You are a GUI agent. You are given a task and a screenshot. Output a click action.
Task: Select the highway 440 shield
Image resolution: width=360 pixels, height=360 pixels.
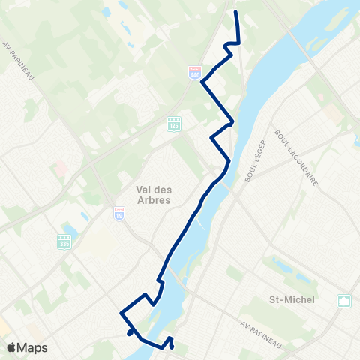[193, 70]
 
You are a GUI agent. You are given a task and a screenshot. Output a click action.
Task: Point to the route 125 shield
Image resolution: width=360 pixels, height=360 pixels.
[173, 122]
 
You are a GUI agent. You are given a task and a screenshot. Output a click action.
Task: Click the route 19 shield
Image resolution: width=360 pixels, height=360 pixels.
[120, 214]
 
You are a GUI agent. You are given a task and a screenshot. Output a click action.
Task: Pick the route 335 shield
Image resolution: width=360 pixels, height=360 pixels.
[64, 242]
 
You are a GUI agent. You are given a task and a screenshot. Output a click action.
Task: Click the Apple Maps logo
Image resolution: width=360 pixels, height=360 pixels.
[27, 347]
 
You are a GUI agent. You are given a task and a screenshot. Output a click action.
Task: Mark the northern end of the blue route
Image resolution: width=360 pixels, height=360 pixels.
[237, 13]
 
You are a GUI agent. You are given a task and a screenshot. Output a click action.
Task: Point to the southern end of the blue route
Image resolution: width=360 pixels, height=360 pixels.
[172, 347]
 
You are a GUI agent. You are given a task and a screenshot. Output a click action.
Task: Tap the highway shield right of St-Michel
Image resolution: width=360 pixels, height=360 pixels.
[345, 301]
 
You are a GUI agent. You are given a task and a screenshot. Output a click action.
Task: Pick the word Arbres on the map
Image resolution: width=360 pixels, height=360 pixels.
[154, 201]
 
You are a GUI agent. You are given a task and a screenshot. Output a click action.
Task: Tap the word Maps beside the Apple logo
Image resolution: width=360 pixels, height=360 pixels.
[34, 347]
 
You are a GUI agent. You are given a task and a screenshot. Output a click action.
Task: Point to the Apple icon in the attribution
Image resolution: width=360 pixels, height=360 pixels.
[11, 347]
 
